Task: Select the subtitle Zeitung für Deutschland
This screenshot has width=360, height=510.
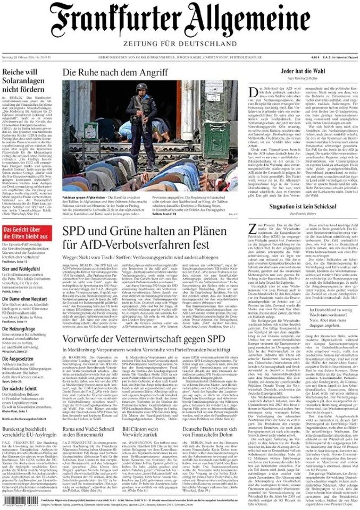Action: click(x=180, y=43)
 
